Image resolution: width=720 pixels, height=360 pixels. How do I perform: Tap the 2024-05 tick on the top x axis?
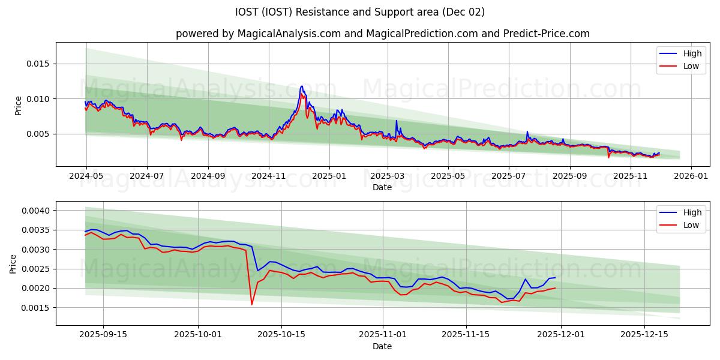coord(86,176)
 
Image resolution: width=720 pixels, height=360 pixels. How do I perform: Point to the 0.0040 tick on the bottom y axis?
coord(38,211)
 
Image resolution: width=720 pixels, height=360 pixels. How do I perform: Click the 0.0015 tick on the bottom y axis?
coord(38,308)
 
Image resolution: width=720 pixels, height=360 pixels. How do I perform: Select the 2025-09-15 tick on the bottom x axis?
coord(103,335)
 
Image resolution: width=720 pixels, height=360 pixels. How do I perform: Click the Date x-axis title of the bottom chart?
coord(382,346)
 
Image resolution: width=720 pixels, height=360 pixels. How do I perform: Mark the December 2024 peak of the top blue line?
coord(302,86)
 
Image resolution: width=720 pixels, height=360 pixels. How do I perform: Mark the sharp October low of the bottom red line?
coord(251,304)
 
